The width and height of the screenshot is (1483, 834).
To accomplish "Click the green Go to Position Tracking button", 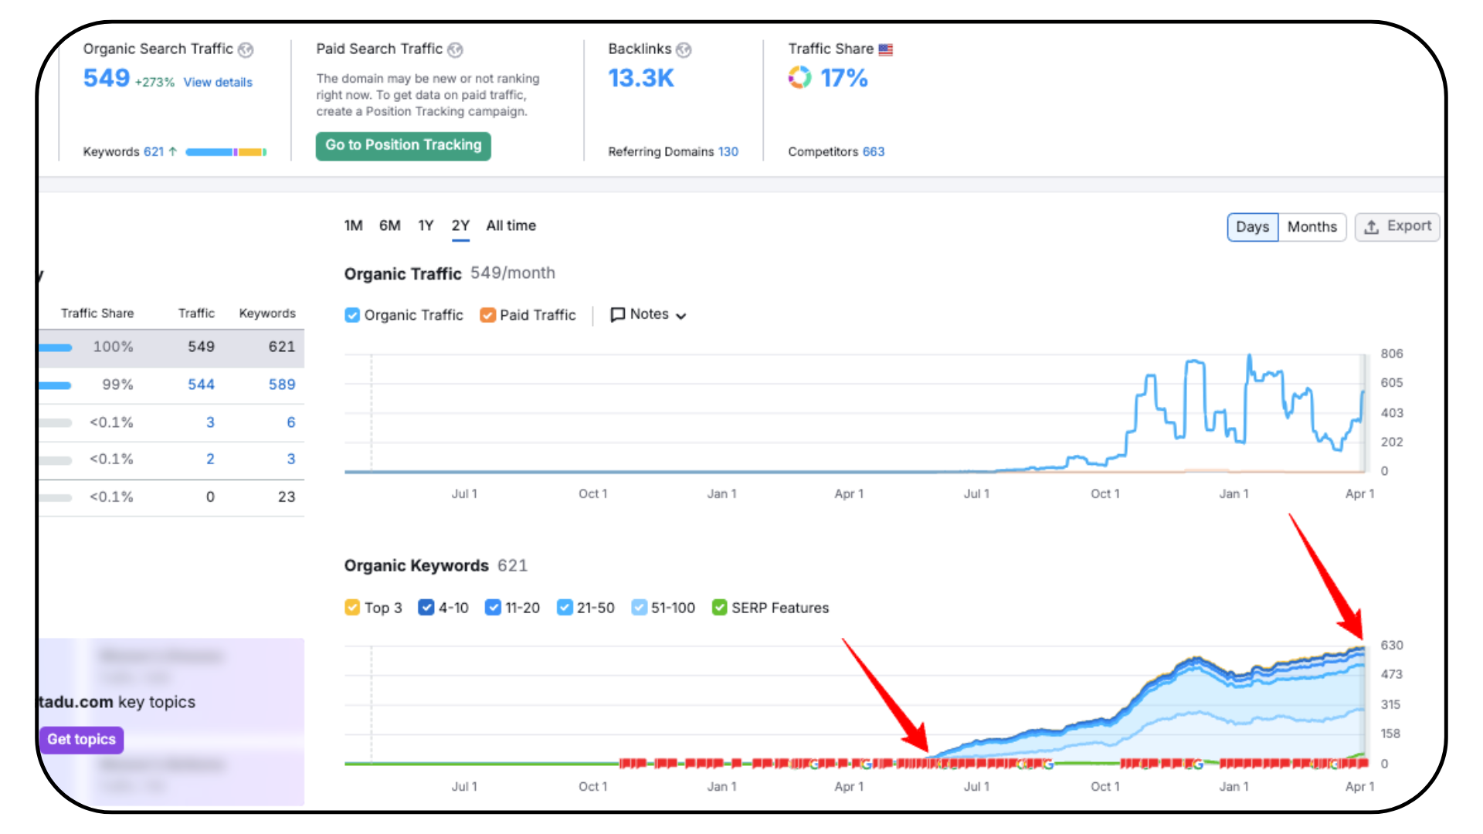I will pyautogui.click(x=402, y=145).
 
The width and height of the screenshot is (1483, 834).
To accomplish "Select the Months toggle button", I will pyautogui.click(x=1312, y=227).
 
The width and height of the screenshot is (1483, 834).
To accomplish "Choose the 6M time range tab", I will pyautogui.click(x=389, y=225).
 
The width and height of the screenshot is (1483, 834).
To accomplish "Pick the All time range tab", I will pyautogui.click(x=511, y=225).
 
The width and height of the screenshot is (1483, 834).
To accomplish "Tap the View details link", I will pyautogui.click(x=218, y=83).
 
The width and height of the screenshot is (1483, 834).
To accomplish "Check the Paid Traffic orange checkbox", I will pyautogui.click(x=487, y=315).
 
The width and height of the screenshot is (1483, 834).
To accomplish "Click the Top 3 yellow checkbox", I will pyautogui.click(x=352, y=608).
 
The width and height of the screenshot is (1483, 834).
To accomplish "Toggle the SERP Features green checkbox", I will pyautogui.click(x=719, y=608).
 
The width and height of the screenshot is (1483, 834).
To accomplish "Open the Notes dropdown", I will pyautogui.click(x=648, y=314).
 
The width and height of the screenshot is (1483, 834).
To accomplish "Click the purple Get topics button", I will pyautogui.click(x=81, y=739).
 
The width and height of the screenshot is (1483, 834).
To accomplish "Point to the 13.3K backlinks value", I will pyautogui.click(x=640, y=78).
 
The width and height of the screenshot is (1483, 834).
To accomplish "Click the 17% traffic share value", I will pyautogui.click(x=843, y=78).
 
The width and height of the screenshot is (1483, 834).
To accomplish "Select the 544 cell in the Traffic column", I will pyautogui.click(x=201, y=385).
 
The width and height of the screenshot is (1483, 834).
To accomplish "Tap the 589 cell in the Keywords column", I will pyautogui.click(x=281, y=385).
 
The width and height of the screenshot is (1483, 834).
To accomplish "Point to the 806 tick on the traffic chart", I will pyautogui.click(x=1391, y=354).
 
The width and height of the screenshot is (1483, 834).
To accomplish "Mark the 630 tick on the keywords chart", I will pyautogui.click(x=1391, y=646).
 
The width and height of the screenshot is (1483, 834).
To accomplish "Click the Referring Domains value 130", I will pyautogui.click(x=728, y=152).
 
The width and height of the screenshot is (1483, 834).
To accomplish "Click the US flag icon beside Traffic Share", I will pyautogui.click(x=885, y=50).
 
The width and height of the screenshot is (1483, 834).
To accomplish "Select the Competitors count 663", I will pyautogui.click(x=873, y=152).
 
